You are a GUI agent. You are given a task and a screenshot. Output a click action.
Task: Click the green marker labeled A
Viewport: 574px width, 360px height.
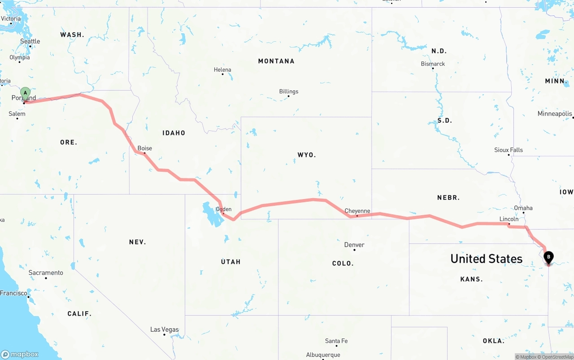[x=26, y=94]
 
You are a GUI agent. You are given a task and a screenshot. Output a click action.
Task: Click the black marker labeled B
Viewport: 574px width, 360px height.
[x=548, y=257]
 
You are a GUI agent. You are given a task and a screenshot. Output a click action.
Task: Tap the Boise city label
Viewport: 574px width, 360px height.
[x=145, y=148]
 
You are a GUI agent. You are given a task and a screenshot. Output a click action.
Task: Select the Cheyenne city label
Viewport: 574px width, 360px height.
[x=357, y=211]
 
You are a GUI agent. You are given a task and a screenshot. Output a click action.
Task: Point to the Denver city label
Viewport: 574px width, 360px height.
[x=354, y=245]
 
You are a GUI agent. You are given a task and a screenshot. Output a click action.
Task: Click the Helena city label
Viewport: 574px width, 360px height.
[x=222, y=70]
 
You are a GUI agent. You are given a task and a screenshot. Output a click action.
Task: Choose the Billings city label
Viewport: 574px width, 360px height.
[x=289, y=91]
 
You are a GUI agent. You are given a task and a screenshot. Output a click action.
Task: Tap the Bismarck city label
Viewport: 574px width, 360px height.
[x=433, y=64]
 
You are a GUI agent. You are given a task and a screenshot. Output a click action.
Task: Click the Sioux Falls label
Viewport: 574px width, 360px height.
[x=509, y=150]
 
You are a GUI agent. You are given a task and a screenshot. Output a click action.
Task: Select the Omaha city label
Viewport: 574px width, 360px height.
[x=523, y=208]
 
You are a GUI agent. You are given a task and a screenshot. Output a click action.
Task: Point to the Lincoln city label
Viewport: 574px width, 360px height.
[x=509, y=219]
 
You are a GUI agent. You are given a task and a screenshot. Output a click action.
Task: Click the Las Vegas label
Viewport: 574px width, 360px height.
[x=164, y=330]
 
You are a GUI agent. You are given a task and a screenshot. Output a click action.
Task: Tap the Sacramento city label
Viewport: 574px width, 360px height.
[x=46, y=273]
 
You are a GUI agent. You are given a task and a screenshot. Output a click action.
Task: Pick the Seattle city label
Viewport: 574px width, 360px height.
[x=30, y=41]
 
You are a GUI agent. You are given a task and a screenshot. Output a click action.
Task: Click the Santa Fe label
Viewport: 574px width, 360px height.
[x=336, y=341]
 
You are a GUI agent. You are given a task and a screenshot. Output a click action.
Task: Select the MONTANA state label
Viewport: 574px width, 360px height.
[x=276, y=61]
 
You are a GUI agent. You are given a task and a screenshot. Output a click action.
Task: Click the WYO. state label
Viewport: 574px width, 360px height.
[x=307, y=155]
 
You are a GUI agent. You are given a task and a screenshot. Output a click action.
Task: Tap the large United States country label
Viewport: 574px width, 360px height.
[x=486, y=259]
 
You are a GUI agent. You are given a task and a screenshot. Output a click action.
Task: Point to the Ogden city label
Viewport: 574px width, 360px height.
[x=224, y=209]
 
